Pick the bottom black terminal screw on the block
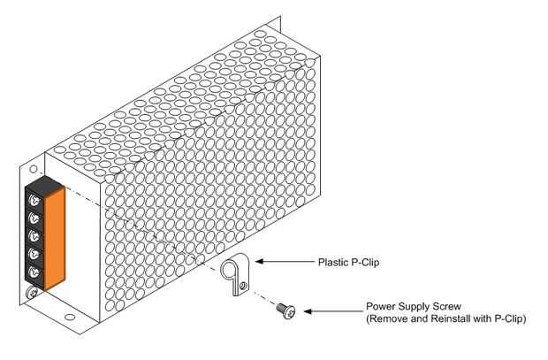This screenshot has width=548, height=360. click(33, 272)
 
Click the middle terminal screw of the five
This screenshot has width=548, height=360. click(33, 236)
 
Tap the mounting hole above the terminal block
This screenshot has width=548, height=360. click(33, 166)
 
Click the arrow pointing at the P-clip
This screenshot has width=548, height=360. click(281, 262)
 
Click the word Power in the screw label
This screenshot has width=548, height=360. click(380, 306)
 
